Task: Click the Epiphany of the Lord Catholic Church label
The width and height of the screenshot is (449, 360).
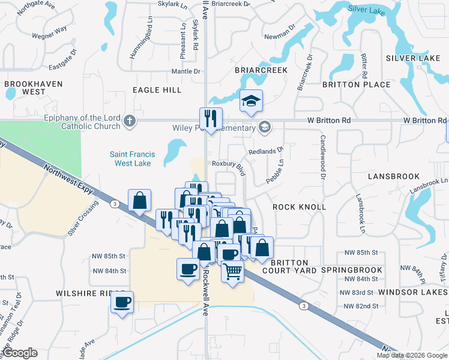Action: [82, 122]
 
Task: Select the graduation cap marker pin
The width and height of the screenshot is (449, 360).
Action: [252, 101]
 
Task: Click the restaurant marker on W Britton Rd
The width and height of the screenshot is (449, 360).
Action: [211, 118]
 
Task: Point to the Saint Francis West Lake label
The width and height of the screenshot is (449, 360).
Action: [132, 158]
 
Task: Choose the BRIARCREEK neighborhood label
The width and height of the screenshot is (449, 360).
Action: [261, 70]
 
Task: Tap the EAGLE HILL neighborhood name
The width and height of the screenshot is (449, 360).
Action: [157, 90]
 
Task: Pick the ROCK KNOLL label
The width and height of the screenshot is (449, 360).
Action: [300, 207]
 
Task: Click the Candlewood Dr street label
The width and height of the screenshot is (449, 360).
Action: [322, 165]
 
